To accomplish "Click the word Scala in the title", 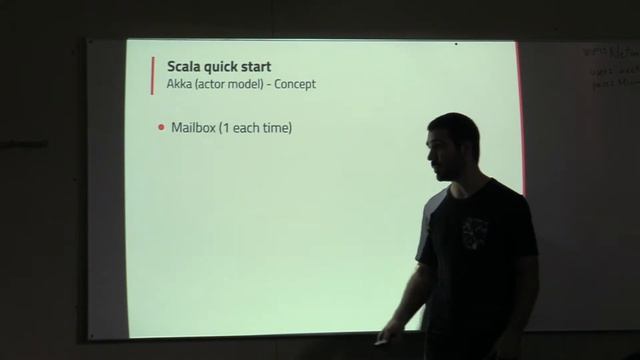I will (173, 67).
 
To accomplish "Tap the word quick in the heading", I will (215, 67).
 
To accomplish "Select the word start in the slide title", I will (254, 67).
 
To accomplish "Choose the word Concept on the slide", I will (294, 84).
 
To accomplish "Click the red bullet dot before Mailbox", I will (161, 128).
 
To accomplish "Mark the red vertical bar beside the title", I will (152, 74).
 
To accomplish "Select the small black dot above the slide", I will (456, 44).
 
